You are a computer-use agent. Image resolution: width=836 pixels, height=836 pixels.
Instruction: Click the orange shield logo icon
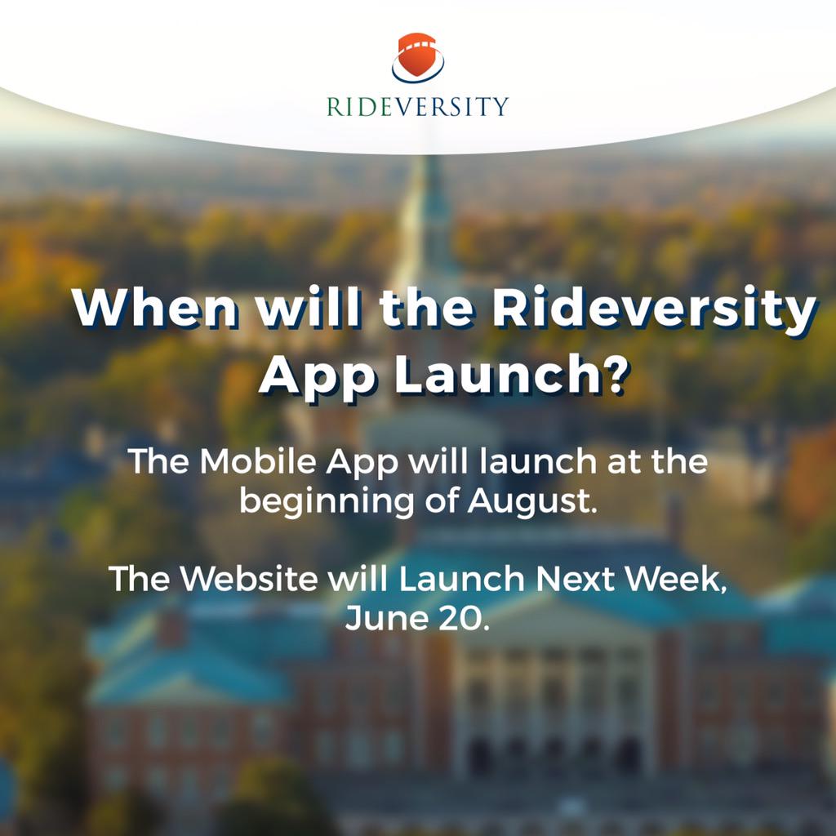(417, 58)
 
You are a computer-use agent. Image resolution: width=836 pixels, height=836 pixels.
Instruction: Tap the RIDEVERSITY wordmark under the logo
(417, 106)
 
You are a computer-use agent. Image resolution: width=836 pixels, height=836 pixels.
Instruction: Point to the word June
(384, 616)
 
